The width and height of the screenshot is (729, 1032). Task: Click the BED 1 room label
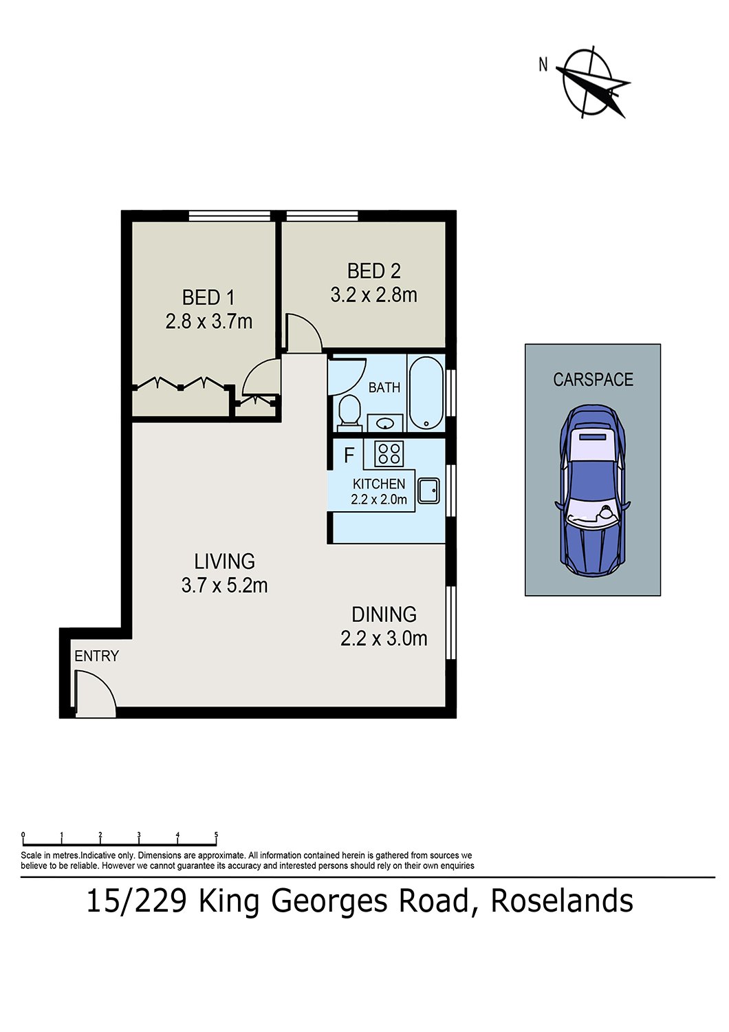tap(208, 298)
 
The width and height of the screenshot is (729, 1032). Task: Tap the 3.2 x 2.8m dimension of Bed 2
tap(373, 295)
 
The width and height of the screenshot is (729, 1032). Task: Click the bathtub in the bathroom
tap(426, 393)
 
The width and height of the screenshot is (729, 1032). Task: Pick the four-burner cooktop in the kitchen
tap(389, 453)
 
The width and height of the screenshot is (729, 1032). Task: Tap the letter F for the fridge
tap(349, 455)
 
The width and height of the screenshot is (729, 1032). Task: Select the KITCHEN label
tap(379, 484)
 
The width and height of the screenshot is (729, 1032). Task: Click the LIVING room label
tap(224, 561)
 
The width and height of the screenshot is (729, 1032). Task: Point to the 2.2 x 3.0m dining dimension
tap(384, 638)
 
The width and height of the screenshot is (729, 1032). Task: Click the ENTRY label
tap(96, 656)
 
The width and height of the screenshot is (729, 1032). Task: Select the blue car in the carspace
tap(592, 491)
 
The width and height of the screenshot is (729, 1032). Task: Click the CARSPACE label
tap(593, 380)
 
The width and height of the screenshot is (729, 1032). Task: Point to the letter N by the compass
tap(543, 65)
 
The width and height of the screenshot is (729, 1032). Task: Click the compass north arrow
tap(591, 83)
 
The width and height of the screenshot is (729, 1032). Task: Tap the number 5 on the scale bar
tap(216, 835)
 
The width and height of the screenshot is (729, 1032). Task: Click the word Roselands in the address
tap(561, 901)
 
